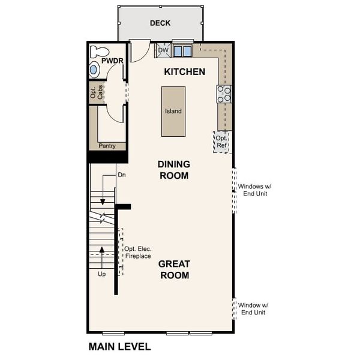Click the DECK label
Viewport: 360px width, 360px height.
coord(160,23)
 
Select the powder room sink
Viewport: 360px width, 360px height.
coord(94,70)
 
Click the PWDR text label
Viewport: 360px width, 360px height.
coord(112,61)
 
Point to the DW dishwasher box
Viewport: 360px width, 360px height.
coord(163,50)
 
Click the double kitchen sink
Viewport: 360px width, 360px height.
coord(182,51)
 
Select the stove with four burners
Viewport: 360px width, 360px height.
coord(224,93)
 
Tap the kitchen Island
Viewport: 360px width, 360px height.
coord(173,111)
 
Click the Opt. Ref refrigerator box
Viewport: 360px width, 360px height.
coord(222,142)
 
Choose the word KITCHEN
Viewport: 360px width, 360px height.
coord(185,72)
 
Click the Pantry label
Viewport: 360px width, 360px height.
coord(107,146)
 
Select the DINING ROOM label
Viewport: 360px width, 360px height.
coord(173,170)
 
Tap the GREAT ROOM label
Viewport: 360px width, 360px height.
coord(174,269)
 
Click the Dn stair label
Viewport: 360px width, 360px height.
coord(121,175)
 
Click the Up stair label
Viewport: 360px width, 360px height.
coord(102,274)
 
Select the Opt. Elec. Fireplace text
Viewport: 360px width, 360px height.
coord(137,253)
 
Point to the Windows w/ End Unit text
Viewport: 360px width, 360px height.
coord(256,190)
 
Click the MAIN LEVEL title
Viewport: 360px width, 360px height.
coord(119,346)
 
